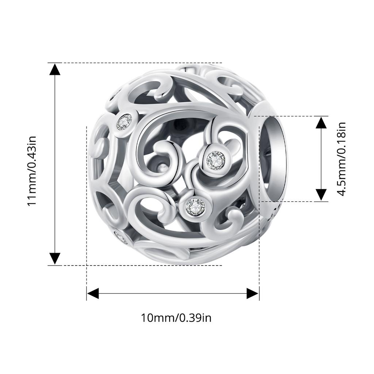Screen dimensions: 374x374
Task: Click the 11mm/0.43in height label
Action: [32, 170]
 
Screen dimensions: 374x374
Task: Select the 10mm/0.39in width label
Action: [176, 317]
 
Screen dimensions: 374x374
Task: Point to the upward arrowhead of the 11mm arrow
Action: [55, 69]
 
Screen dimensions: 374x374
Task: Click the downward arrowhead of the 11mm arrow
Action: [55, 258]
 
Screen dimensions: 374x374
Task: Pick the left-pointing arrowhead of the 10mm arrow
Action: [93, 293]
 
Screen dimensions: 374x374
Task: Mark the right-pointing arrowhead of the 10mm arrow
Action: [253, 293]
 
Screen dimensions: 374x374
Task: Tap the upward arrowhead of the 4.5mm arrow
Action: [321, 122]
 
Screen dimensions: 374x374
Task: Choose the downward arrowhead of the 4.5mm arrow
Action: [321, 195]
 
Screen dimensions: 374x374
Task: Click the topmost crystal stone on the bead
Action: [124, 121]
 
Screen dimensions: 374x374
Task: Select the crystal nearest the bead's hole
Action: [215, 160]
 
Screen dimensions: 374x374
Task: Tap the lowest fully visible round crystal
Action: [195, 207]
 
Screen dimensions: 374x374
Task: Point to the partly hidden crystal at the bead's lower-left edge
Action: [121, 237]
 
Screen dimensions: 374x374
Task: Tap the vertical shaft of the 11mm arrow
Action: [55, 164]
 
